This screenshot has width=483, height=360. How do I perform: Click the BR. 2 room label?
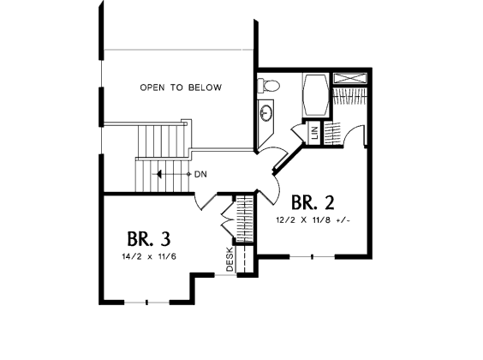tap(313, 202)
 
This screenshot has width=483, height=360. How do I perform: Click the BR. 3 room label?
tap(148, 239)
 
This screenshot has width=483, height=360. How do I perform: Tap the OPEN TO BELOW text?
tap(181, 87)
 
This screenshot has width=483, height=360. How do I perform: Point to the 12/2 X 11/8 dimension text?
tap(313, 220)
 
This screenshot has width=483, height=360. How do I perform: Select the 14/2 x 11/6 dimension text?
tap(149, 256)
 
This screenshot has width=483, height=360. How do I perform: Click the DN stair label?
tap(200, 175)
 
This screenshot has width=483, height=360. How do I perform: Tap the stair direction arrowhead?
tap(159, 174)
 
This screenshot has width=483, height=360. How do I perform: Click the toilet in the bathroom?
tap(269, 86)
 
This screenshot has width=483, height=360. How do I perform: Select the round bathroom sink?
tap(265, 112)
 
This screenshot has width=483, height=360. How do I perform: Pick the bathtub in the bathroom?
tap(316, 94)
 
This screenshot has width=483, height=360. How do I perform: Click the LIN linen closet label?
tap(314, 133)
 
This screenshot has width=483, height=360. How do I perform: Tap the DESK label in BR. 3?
tap(230, 259)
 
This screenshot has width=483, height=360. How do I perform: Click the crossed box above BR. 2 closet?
tap(350, 78)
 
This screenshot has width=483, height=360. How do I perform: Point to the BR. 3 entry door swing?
tap(206, 202)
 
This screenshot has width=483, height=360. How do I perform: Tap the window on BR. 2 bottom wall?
tap(312, 256)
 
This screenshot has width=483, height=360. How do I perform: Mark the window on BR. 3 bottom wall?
tap(146, 303)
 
